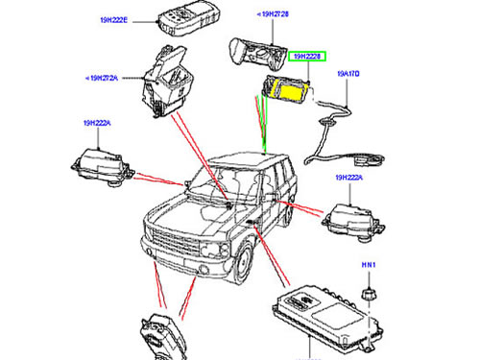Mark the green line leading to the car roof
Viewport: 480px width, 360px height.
pyautogui.click(x=260, y=130)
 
